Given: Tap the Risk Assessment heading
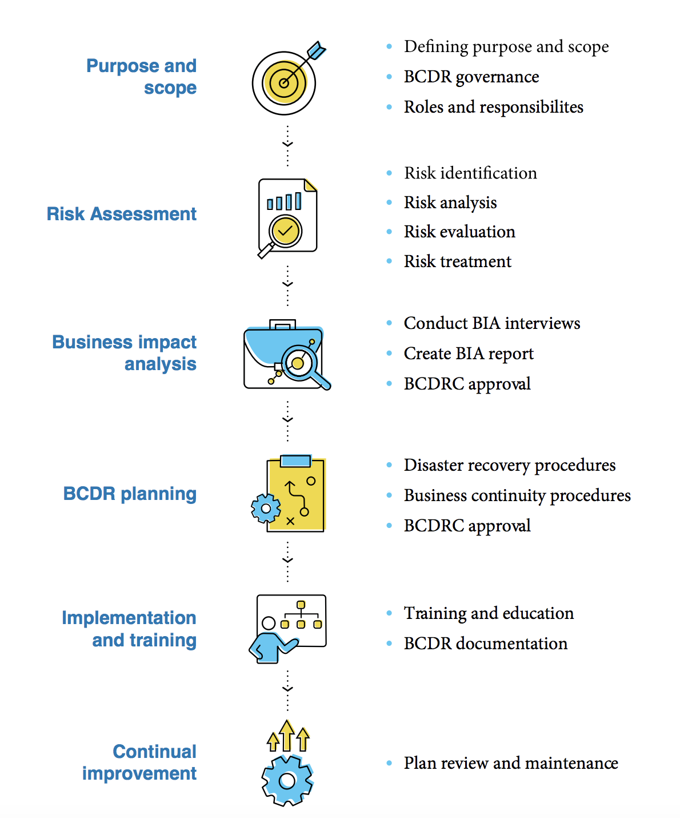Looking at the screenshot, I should tap(121, 214).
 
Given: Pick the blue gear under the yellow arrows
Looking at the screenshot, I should tap(287, 780).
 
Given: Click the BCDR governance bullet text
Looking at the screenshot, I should tap(471, 77).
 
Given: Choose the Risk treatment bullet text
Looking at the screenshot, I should tap(457, 261).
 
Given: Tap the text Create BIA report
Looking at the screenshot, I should tap(468, 354).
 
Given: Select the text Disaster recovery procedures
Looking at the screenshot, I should tap(509, 465).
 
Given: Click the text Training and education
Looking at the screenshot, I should tap(488, 613).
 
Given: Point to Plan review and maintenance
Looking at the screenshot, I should tap(510, 763).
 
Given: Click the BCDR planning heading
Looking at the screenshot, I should tap(130, 494).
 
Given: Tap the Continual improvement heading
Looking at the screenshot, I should tap(139, 762).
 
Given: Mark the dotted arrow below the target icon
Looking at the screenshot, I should tap(287, 145).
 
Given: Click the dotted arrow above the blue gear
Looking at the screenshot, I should tap(287, 690).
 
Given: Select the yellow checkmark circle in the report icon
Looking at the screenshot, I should tap(285, 231).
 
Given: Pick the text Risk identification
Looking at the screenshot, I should tap(470, 173).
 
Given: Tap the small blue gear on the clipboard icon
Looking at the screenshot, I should tap(266, 508).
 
